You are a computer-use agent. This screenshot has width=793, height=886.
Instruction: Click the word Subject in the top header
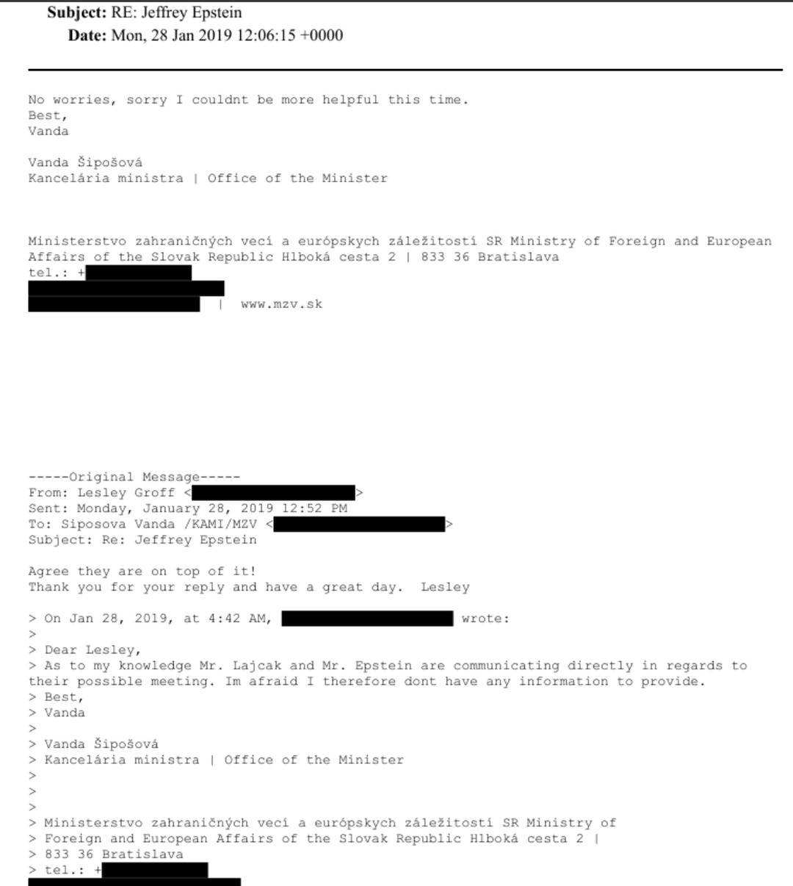coord(76,12)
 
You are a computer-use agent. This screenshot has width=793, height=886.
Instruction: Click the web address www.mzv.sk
coord(281,304)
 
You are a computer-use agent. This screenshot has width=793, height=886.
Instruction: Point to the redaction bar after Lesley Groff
coord(273,493)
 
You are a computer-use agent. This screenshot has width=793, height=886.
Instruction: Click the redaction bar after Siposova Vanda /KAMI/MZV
coord(359,525)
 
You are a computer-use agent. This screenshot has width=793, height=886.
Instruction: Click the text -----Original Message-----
coord(134,478)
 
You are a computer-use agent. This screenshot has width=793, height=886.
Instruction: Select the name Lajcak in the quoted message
coord(257,666)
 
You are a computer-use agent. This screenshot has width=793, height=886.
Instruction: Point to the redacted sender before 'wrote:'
coord(367,619)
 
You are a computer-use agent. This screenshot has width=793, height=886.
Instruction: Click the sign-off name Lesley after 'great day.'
coord(445,587)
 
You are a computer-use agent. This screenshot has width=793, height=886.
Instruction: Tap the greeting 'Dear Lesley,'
coord(93,650)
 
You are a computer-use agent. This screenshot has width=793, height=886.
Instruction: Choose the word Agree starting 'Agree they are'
coord(48,572)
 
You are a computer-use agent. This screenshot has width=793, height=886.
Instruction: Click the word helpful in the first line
coord(350,100)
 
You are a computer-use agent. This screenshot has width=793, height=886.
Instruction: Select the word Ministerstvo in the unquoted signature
coord(77,241)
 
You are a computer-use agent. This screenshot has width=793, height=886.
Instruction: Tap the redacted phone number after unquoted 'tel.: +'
coord(139,273)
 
